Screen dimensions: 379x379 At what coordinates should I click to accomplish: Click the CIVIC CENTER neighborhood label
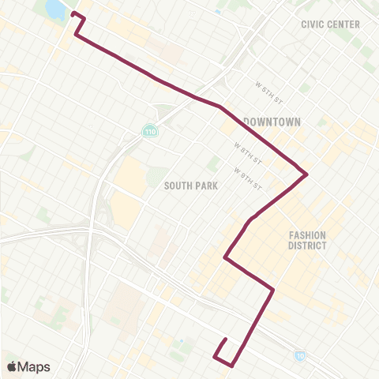click(x=330, y=24)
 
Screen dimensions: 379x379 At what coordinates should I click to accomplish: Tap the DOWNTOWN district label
click(x=272, y=122)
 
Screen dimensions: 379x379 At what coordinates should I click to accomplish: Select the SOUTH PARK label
click(x=190, y=185)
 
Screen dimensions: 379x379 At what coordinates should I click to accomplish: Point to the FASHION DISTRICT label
click(x=307, y=240)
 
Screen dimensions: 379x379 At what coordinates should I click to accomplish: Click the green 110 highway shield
click(x=149, y=130)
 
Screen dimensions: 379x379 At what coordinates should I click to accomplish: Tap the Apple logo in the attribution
click(x=12, y=366)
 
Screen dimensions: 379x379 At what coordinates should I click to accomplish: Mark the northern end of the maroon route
click(x=73, y=13)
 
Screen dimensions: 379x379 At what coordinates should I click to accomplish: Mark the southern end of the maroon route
click(x=226, y=340)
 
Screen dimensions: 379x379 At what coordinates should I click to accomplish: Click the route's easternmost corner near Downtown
click(x=306, y=174)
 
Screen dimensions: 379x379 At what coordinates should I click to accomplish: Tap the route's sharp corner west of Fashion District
click(x=225, y=257)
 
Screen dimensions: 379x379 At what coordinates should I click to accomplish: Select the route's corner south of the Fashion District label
click(x=273, y=290)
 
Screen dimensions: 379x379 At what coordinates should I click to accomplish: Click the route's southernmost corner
click(x=232, y=366)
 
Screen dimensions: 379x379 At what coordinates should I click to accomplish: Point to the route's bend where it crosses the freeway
click(x=219, y=105)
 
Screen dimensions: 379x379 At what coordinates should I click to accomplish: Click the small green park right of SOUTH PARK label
click(x=213, y=163)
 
